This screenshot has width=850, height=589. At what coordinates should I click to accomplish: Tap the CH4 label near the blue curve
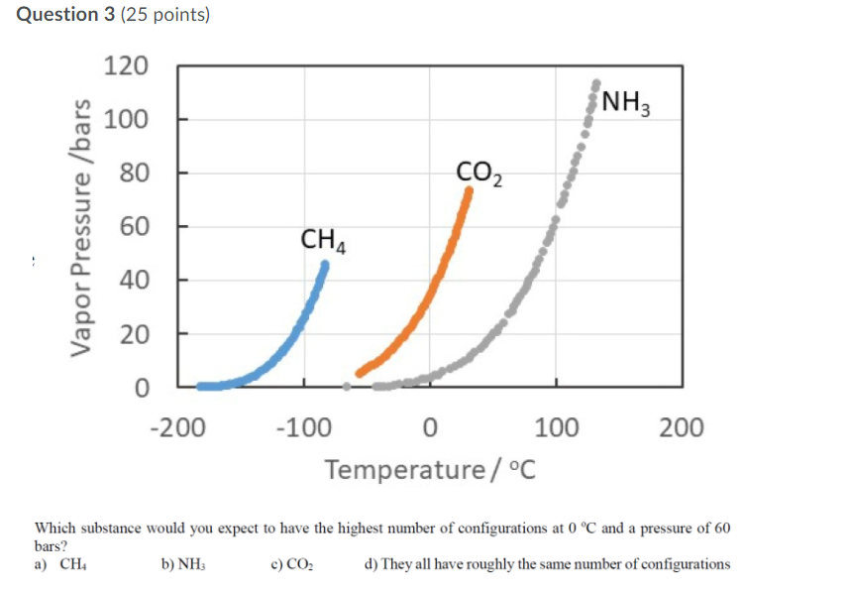tap(324, 240)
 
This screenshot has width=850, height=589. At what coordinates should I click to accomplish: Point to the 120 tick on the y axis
tap(126, 66)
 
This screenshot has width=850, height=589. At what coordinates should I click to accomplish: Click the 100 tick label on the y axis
tap(126, 120)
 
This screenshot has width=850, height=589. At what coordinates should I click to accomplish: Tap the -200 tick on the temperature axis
tap(177, 427)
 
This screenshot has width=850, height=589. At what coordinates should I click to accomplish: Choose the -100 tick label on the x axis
tap(304, 427)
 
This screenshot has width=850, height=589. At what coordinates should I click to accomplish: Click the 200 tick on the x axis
tap(682, 427)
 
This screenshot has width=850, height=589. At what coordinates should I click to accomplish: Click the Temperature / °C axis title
tap(430, 467)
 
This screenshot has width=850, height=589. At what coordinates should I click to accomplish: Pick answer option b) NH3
tap(182, 564)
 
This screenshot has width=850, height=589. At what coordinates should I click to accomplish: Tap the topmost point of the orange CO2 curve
tap(469, 189)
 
